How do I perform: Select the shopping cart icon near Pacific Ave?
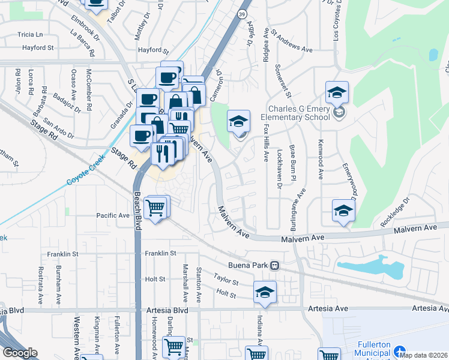tap(156, 208)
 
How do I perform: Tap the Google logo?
tap(19, 353)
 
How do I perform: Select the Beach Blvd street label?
tap(137, 214)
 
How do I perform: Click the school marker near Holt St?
tap(265, 292)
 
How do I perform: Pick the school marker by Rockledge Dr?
tap(343, 211)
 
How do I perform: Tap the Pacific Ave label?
tap(113, 215)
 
